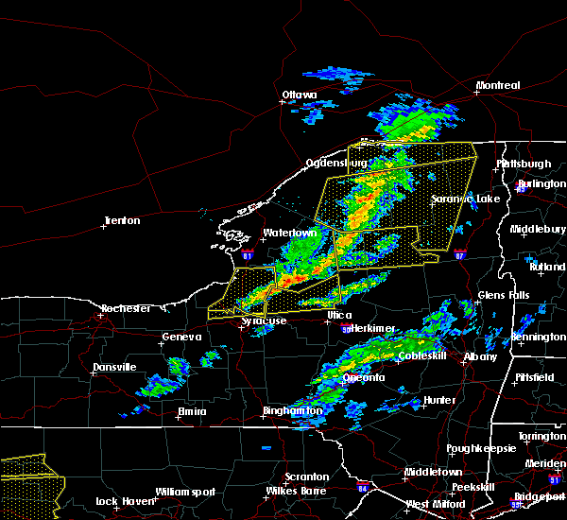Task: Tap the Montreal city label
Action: [498, 86]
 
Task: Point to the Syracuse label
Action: [264, 321]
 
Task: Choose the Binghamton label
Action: [291, 412]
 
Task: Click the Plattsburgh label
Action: [524, 164]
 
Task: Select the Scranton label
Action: [308, 477]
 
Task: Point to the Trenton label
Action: [123, 221]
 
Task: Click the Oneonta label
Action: [364, 377]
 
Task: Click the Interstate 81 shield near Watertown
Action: [248, 255]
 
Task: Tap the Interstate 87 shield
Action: [459, 255]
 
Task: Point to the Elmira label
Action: [192, 411]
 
